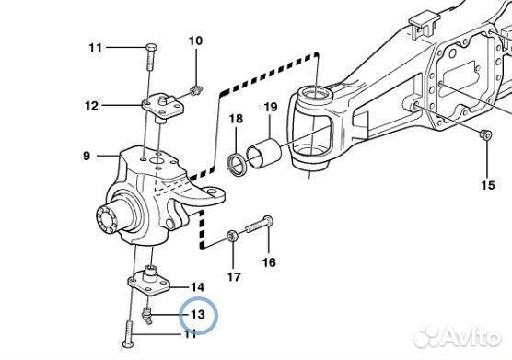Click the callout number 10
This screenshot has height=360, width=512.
195,41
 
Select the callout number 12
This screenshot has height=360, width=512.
91,106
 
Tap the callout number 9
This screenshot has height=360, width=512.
87,156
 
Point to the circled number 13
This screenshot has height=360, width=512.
198,314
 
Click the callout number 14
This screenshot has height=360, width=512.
197,287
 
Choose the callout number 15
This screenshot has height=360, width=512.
488,185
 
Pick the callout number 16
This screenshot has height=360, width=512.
269,262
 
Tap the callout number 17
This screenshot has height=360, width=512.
234,277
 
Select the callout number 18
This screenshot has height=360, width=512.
236,119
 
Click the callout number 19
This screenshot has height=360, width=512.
271,107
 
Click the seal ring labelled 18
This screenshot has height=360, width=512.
236,164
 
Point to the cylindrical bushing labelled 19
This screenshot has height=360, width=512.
263,154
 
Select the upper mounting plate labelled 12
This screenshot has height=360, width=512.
163,106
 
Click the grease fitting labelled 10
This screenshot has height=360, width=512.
196,89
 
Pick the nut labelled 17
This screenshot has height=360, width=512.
232,236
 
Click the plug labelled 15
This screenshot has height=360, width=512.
485,134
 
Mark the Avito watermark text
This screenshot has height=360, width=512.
457,336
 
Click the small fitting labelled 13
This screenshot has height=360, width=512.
147,316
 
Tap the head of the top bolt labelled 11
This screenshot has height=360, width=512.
151,47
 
